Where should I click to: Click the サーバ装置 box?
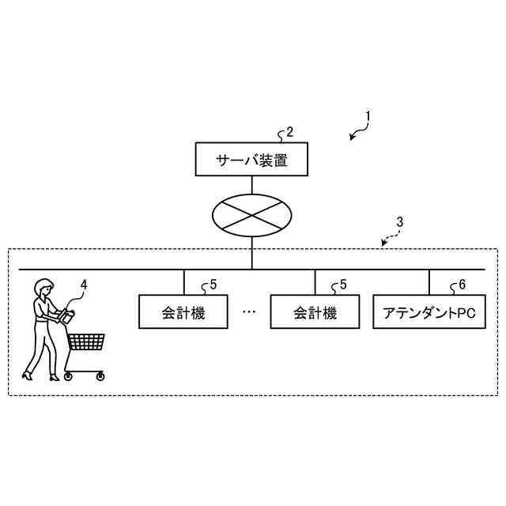pyautogui.click(x=251, y=160)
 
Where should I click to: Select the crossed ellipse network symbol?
pyautogui.click(x=251, y=215)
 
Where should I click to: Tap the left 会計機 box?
pyautogui.click(x=183, y=312)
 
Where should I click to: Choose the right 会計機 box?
pyautogui.click(x=315, y=312)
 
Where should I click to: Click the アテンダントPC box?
pyautogui.click(x=429, y=312)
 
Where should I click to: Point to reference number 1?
pyautogui.click(x=368, y=115)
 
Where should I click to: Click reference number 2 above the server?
pyautogui.click(x=289, y=132)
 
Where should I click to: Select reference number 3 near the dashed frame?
pyautogui.click(x=400, y=223)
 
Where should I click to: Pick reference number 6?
pyautogui.click(x=462, y=285)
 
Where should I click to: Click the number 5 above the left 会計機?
pyautogui.click(x=213, y=285)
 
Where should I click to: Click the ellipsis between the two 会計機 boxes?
pyautogui.click(x=249, y=312)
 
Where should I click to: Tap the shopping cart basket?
pyautogui.click(x=86, y=342)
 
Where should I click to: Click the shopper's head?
pyautogui.click(x=44, y=287)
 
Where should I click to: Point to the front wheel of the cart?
pyautogui.click(x=100, y=377)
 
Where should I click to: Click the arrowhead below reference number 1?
pyautogui.click(x=353, y=138)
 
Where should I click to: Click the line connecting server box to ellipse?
pyautogui.click(x=251, y=184)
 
